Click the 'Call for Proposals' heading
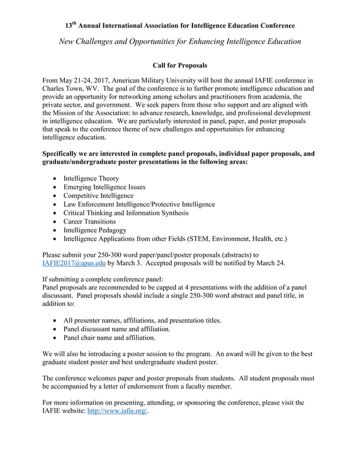tap(180, 65)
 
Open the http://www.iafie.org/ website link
tap(118, 411)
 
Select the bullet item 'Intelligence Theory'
tap(91, 178)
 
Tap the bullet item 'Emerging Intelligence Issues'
tap(104, 187)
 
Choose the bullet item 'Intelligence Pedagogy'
tap(95, 230)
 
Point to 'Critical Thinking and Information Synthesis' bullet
tap(126, 213)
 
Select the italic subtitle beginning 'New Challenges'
tap(180, 41)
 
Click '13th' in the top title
tap(70, 25)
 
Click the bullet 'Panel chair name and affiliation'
tap(109, 337)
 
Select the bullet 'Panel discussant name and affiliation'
tap(117, 329)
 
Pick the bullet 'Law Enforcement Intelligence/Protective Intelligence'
tap(139, 204)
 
